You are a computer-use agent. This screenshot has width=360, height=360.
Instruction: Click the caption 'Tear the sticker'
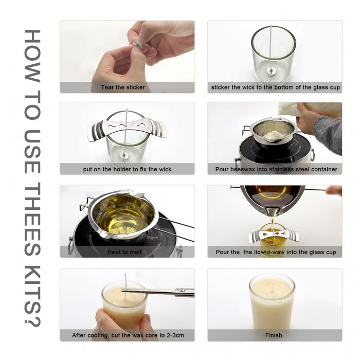(x=123, y=87)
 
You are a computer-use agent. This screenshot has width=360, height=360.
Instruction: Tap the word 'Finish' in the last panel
(x=274, y=335)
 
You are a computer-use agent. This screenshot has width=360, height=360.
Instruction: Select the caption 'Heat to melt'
(x=124, y=252)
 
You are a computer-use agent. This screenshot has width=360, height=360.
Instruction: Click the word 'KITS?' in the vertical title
(x=32, y=296)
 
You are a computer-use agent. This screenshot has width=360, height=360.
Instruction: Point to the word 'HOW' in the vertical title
(x=32, y=56)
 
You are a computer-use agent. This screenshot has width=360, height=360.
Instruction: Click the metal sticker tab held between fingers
(x=137, y=44)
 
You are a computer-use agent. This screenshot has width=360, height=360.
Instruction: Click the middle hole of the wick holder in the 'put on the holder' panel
(x=121, y=126)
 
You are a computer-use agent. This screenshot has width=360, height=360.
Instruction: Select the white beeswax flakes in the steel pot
(x=273, y=135)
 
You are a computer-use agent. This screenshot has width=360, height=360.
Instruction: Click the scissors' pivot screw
(x=182, y=290)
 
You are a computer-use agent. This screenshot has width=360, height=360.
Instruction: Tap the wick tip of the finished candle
(x=273, y=284)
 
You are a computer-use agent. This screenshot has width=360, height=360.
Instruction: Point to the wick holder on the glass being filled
(x=274, y=237)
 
